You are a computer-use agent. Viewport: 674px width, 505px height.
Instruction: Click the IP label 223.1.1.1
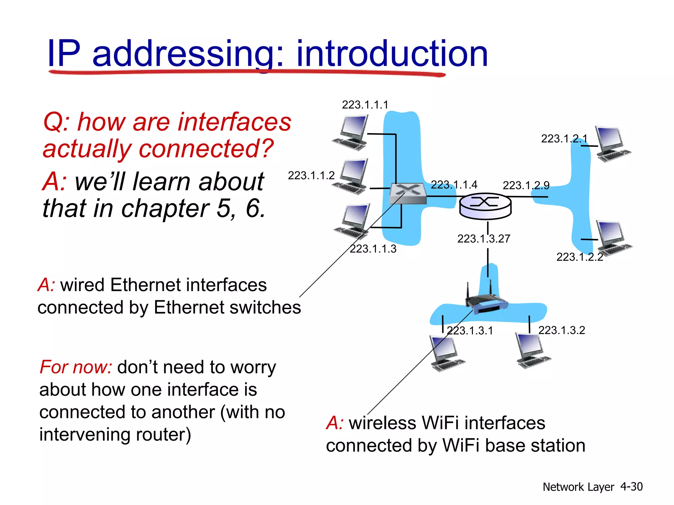click(x=365, y=105)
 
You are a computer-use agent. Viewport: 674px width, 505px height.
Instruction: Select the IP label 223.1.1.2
click(x=311, y=176)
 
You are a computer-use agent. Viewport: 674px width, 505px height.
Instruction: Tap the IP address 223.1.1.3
click(x=373, y=249)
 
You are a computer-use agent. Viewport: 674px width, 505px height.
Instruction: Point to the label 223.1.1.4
click(x=454, y=185)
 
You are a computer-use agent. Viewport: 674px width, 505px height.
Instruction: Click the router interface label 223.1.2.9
click(x=526, y=185)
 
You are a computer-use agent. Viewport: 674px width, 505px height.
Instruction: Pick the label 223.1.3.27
click(x=483, y=239)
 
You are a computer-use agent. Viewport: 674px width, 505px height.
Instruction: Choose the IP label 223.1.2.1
click(x=564, y=139)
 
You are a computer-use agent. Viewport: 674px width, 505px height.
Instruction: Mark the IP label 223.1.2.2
click(x=580, y=257)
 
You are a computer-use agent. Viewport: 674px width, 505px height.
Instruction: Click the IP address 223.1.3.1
click(x=470, y=331)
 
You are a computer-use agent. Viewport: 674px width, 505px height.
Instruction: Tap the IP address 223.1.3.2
click(x=561, y=330)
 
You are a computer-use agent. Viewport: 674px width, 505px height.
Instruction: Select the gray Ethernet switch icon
click(x=407, y=193)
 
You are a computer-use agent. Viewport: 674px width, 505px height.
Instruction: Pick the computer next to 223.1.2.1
click(x=612, y=144)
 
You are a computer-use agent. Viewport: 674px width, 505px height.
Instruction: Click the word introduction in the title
click(x=392, y=54)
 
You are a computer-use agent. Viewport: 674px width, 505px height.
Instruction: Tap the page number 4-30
click(x=631, y=487)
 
